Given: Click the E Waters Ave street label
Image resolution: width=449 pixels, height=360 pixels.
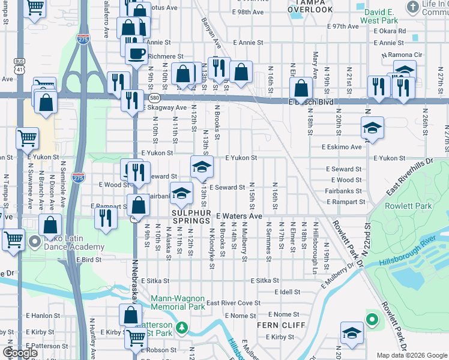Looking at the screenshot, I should [x=240, y=216].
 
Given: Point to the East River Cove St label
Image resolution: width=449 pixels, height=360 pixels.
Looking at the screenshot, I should [x=234, y=304].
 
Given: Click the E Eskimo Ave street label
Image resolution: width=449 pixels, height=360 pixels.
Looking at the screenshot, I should [x=342, y=147].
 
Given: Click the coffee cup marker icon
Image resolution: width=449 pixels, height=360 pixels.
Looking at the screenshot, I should [x=137, y=53].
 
